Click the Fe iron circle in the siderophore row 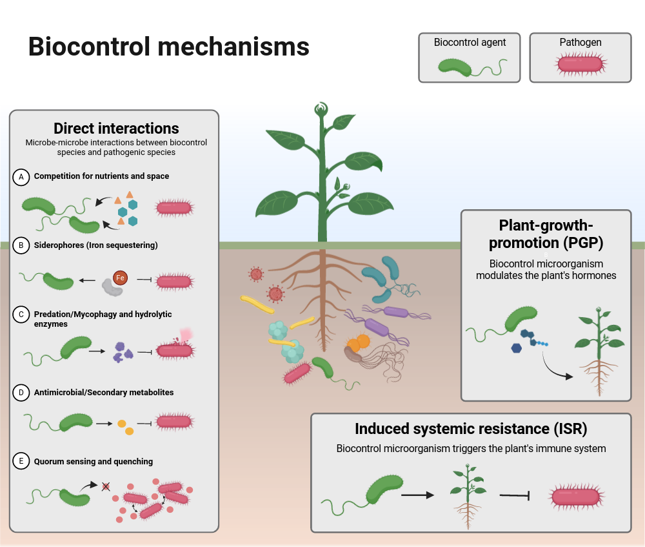120,278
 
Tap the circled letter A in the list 21,176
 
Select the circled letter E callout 21,460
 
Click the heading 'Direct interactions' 116,128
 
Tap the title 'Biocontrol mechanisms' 169,47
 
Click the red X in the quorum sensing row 106,486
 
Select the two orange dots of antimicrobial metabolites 125,427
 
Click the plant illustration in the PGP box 601,352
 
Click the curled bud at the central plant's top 321,110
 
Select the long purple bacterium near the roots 386,321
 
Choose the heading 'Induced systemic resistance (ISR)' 471,429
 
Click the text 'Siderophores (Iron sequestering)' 95,245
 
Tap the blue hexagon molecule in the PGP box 517,349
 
